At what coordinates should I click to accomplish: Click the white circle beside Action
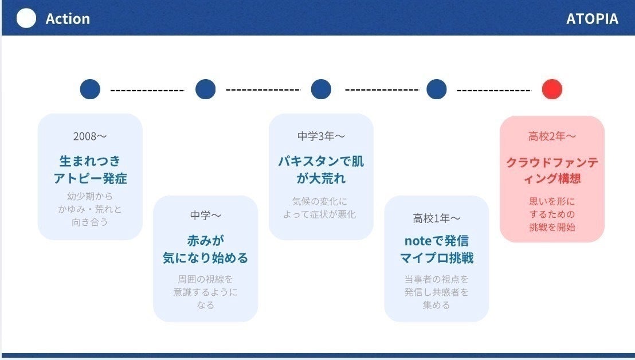(26, 18)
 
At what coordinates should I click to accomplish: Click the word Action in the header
(68, 19)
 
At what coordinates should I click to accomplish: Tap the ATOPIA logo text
(592, 19)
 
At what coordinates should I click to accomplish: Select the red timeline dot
(552, 89)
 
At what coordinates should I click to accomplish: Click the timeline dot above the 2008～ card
(90, 89)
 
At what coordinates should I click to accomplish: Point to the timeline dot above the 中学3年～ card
(321, 89)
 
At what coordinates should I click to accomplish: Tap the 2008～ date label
(90, 136)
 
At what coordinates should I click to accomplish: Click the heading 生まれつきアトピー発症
(90, 169)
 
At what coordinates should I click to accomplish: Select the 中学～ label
(205, 216)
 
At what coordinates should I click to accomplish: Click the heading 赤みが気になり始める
(205, 249)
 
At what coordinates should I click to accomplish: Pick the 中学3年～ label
(321, 136)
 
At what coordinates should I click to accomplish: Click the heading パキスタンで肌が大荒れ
(321, 169)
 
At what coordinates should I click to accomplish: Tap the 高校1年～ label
(437, 218)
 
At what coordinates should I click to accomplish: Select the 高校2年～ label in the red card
(552, 136)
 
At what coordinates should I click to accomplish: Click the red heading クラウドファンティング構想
(552, 170)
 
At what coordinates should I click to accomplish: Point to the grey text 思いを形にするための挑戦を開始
(552, 214)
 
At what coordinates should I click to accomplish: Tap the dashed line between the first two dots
(147, 90)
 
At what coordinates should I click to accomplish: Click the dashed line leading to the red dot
(493, 90)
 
